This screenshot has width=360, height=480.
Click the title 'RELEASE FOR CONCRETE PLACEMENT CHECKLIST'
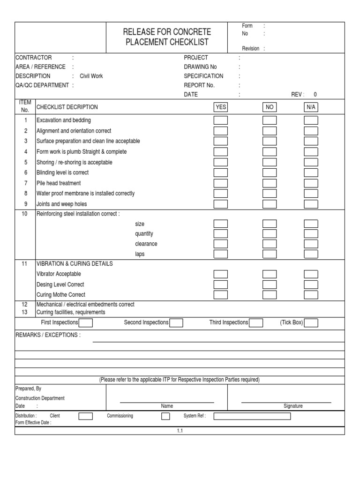pos(166,37)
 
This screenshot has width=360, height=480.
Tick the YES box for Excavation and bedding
pos(221,120)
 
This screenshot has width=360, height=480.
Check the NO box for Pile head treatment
pos(270,183)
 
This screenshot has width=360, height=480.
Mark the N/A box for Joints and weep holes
pos(311,204)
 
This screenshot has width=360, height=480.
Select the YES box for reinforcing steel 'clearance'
pos(221,244)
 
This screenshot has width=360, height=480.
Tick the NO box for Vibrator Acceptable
pos(270,274)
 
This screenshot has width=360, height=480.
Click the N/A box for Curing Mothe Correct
pos(311,295)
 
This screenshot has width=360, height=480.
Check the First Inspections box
pos(86,322)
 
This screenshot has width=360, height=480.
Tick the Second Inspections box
pos(176,322)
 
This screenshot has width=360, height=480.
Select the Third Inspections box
pos(256,322)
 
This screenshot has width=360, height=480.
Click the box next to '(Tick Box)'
pos(311,322)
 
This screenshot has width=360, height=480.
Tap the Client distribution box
pos(85,416)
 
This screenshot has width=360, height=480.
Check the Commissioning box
pos(165,416)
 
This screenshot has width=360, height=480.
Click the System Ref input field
pos(252,416)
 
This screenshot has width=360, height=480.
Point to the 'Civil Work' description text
pos(91,76)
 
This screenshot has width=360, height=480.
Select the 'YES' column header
pos(221,107)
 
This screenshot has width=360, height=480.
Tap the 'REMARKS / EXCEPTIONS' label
pos(48,335)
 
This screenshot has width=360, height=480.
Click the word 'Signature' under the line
pos(293,406)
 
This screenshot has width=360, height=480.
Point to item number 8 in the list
pos(26,193)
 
